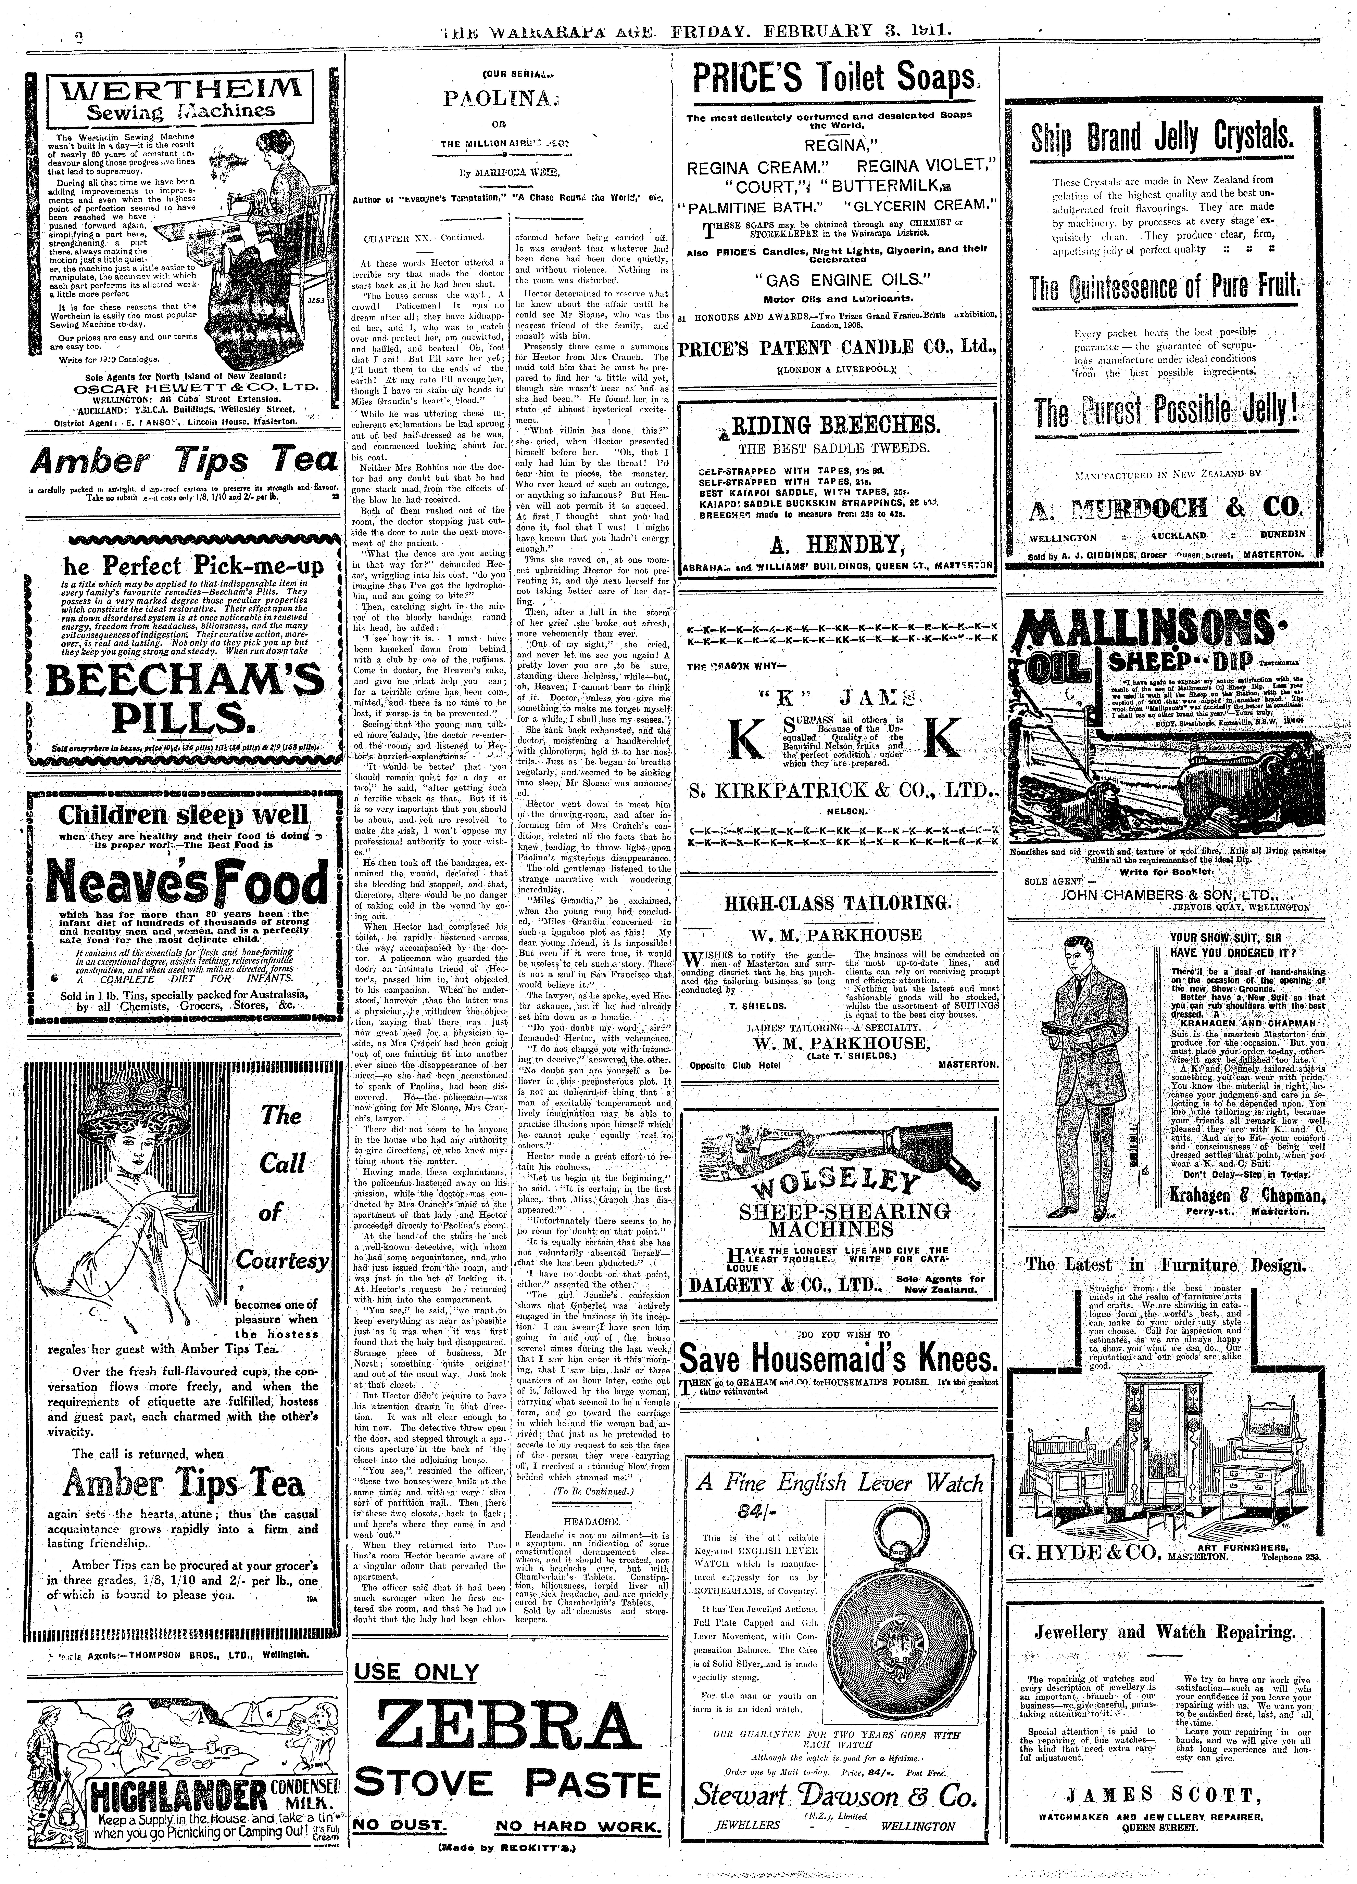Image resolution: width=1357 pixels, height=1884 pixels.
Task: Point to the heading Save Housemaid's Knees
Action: point(838,1359)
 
